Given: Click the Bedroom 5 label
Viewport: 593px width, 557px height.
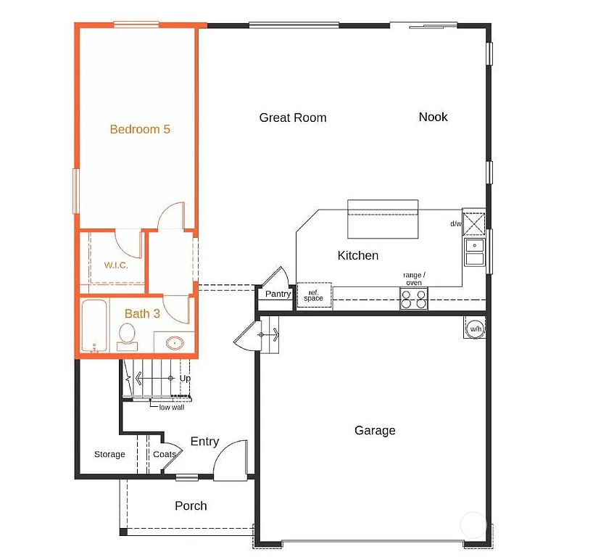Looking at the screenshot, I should [140, 129].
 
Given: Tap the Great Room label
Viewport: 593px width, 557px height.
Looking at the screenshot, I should [293, 117].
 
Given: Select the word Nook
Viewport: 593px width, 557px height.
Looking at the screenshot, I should [433, 117].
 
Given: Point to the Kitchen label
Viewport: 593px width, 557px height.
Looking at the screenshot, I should [358, 255].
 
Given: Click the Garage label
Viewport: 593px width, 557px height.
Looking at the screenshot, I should [375, 430].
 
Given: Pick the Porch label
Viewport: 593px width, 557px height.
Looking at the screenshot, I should [191, 506].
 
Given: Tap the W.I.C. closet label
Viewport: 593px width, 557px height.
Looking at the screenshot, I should [116, 265].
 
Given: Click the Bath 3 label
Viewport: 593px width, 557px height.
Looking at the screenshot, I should [142, 313].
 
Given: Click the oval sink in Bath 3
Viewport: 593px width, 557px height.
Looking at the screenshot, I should [175, 342].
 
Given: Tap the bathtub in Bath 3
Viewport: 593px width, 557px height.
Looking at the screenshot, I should [94, 327].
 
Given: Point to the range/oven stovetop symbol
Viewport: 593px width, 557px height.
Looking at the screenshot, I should [414, 299].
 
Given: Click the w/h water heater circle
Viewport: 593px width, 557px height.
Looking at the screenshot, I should [475, 329].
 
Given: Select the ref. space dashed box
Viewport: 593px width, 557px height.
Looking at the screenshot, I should [314, 295].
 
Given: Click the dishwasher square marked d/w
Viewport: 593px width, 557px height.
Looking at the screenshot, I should [474, 223].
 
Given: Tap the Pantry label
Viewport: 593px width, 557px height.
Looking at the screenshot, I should [278, 294].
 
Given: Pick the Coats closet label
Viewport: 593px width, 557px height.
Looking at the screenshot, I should [165, 455].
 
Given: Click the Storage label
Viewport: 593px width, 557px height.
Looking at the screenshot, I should [109, 455].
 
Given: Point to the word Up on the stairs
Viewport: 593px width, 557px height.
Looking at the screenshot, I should [185, 378].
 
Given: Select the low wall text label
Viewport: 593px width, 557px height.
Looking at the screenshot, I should [171, 408].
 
